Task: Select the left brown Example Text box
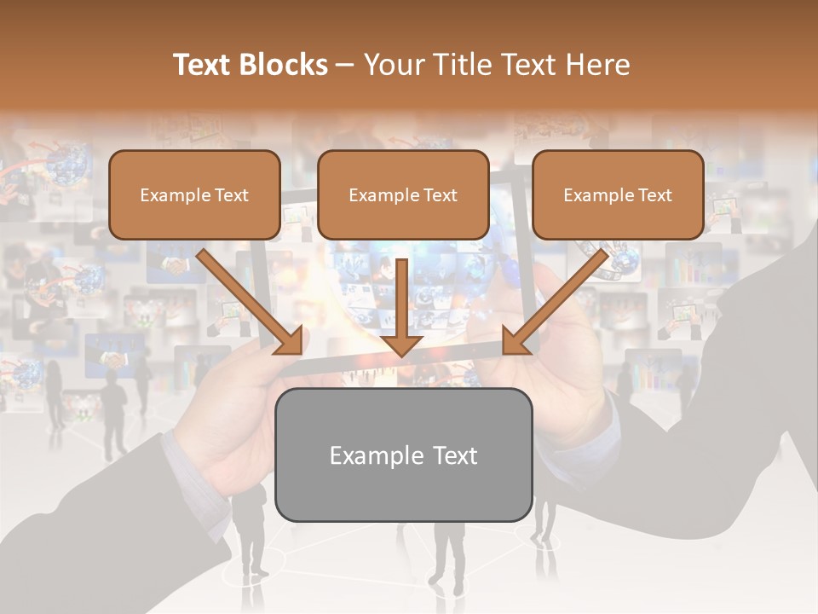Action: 194,194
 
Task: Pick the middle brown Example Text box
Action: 403,194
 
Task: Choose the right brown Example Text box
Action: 618,194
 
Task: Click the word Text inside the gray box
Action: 454,455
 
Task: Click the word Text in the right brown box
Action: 655,195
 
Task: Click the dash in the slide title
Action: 346,65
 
